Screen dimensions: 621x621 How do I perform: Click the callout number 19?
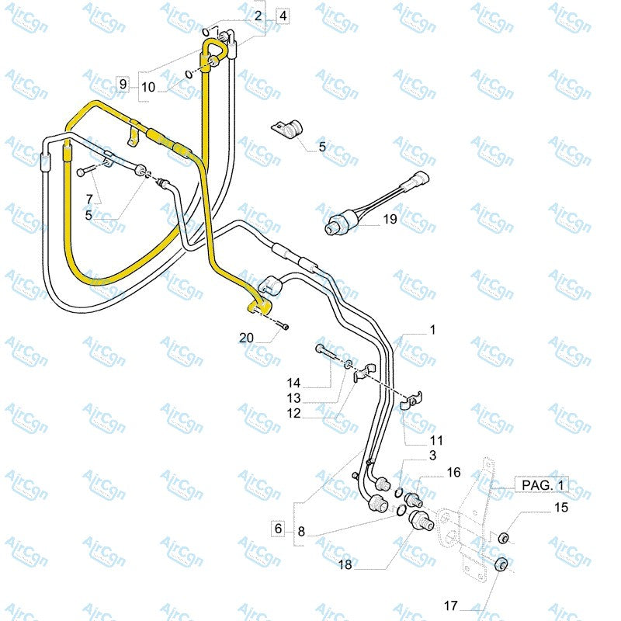(390, 220)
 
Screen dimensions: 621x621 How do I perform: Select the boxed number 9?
(123, 83)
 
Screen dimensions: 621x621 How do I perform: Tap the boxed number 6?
(277, 529)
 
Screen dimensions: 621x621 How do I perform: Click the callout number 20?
(246, 337)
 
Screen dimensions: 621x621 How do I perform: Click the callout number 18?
(345, 565)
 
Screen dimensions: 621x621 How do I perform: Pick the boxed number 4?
(283, 16)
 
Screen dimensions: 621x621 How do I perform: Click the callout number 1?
(432, 330)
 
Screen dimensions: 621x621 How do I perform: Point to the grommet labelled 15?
(502, 537)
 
